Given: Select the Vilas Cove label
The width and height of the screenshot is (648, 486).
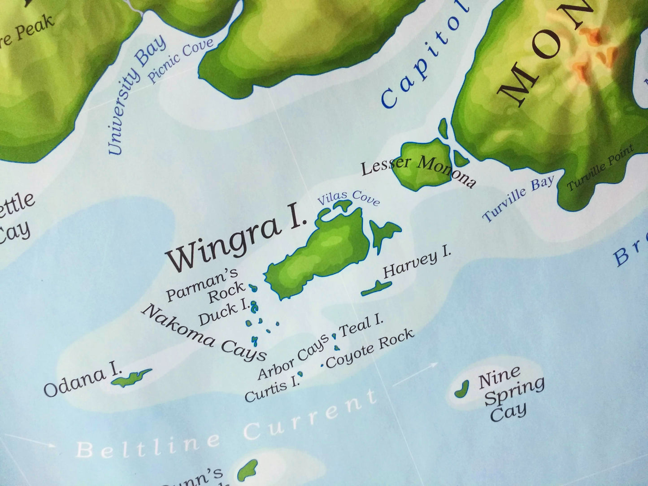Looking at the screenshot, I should [x=348, y=198].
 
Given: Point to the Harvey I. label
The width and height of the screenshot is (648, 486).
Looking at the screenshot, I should [x=417, y=265].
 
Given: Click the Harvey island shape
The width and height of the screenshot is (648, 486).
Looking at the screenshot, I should [x=376, y=288].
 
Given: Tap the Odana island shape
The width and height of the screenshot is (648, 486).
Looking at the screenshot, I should [x=131, y=378].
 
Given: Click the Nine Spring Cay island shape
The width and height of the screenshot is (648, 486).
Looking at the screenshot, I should [x=461, y=388].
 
